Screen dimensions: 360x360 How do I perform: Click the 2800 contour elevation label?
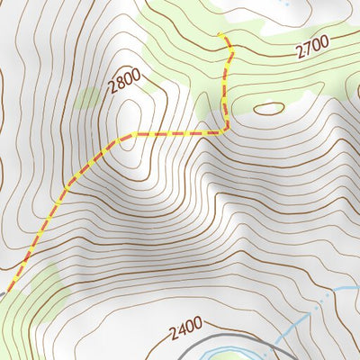[x=124, y=85]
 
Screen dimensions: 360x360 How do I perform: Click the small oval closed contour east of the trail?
[x=268, y=109]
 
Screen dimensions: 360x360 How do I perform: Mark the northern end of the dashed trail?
[x=219, y=35]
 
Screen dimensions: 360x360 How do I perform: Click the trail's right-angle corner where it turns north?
[x=225, y=131]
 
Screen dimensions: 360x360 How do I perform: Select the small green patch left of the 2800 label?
[x=90, y=97]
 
